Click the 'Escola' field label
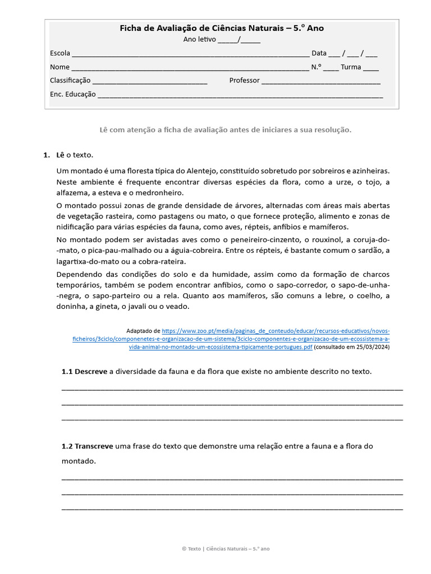point(60,53)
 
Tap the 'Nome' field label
point(59,67)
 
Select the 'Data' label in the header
point(319,53)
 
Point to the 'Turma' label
point(351,67)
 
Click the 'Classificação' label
point(70,80)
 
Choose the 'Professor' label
point(244,80)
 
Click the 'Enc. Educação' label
point(73,94)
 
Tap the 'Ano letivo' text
point(199,39)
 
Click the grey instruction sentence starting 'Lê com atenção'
point(225,129)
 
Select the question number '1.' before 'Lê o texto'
point(47,155)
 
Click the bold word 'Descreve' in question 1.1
point(91,372)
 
